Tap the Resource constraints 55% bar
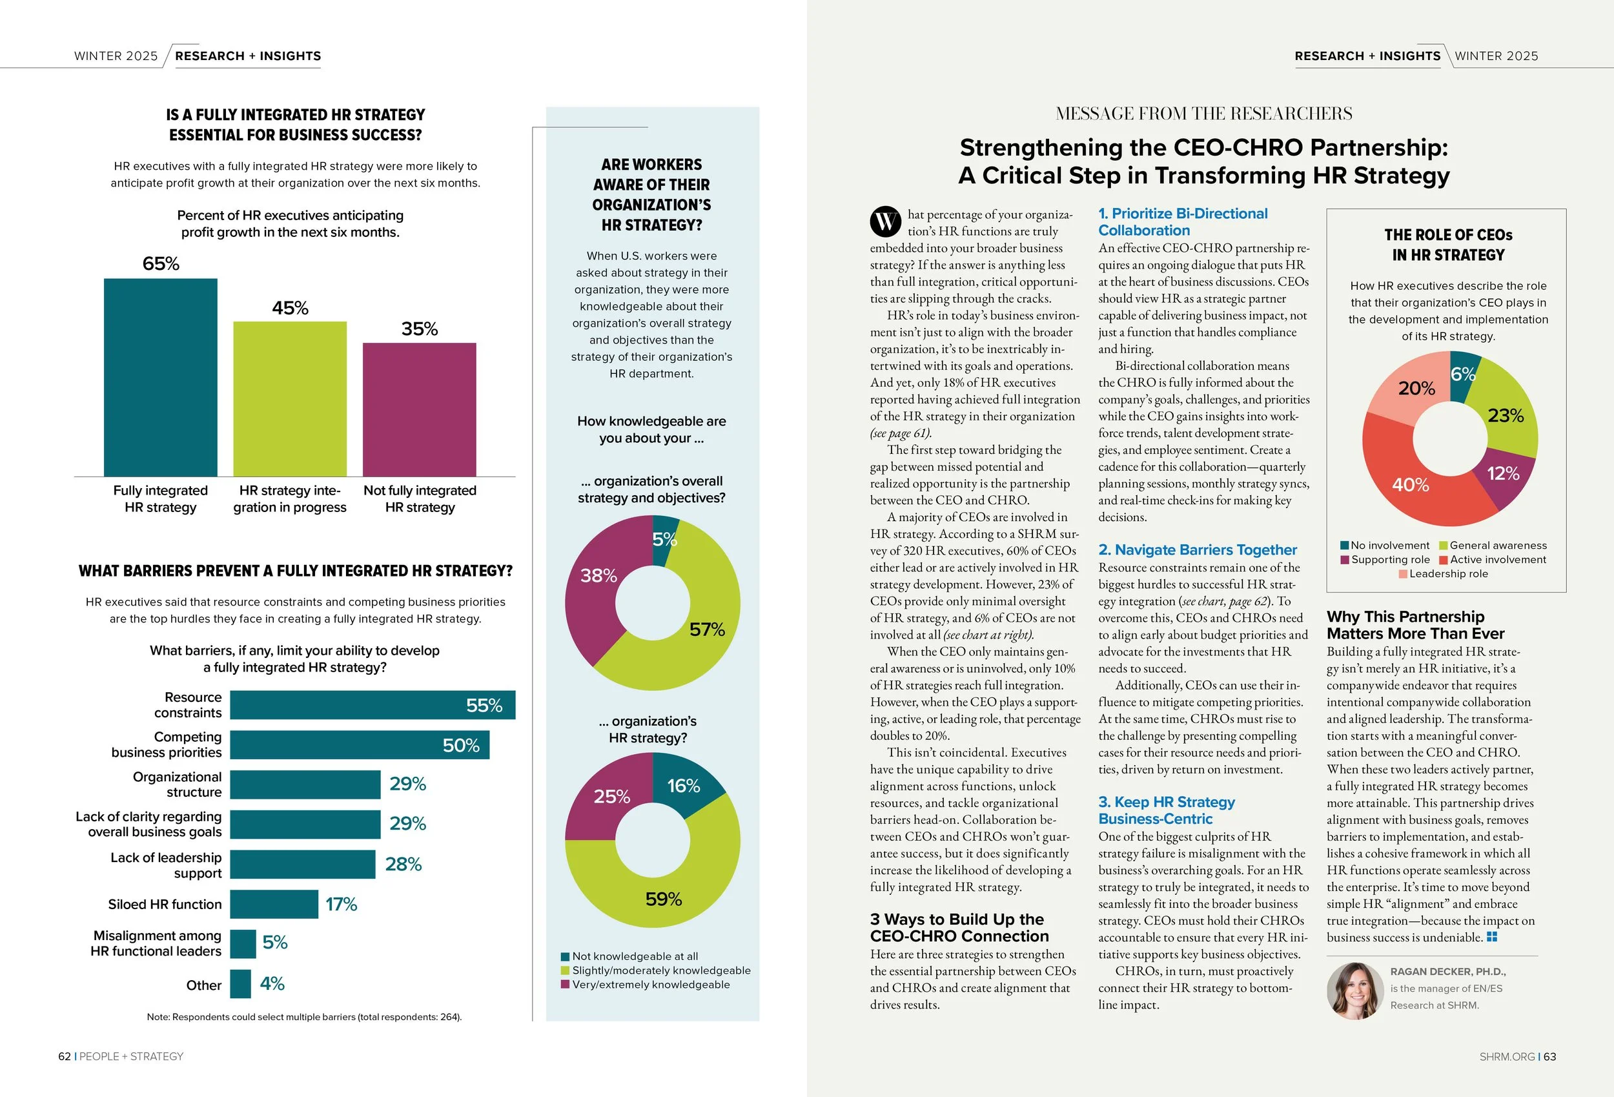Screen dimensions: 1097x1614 point(373,704)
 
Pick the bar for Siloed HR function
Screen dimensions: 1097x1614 point(274,904)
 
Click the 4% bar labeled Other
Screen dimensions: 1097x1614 point(240,984)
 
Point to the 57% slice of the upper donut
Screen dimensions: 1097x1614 point(701,625)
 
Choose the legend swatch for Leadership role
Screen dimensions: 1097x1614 point(1403,574)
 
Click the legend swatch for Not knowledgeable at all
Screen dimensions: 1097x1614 point(566,957)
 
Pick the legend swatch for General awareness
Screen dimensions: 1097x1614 point(1444,546)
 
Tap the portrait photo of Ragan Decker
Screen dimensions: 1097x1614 point(1355,990)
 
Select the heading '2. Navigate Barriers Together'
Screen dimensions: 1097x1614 point(1198,549)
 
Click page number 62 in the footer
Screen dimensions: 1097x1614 point(65,1056)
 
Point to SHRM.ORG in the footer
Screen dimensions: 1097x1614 point(1506,1056)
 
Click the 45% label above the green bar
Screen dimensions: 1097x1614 point(290,308)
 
